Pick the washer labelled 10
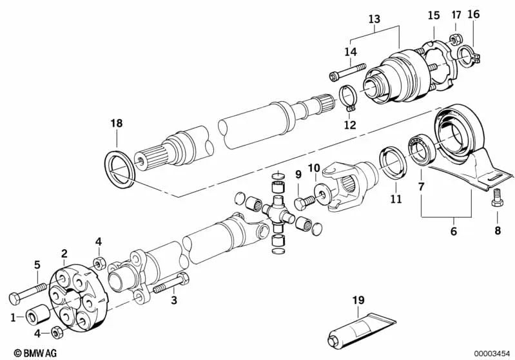pyautogui.click(x=320, y=196)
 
